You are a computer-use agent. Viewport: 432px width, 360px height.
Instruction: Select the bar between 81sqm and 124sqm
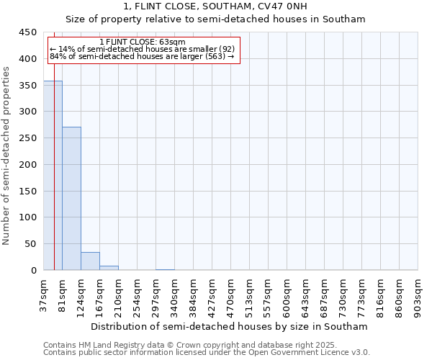click(x=71, y=198)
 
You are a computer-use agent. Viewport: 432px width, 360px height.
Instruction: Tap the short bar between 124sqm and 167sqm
click(x=90, y=261)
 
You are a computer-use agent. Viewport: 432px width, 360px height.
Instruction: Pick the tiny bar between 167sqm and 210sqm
click(x=109, y=268)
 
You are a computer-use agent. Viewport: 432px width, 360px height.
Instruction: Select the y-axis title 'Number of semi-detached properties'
click(x=6, y=156)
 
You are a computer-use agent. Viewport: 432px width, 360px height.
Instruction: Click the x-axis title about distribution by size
click(x=230, y=326)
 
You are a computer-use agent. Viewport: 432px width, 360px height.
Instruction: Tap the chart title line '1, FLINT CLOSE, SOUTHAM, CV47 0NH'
click(x=215, y=7)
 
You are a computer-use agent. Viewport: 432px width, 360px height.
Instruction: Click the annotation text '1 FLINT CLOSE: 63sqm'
click(x=142, y=42)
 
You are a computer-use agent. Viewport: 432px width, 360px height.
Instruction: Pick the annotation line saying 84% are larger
click(x=142, y=56)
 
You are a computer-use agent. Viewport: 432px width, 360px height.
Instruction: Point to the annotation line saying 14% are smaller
click(x=142, y=49)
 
